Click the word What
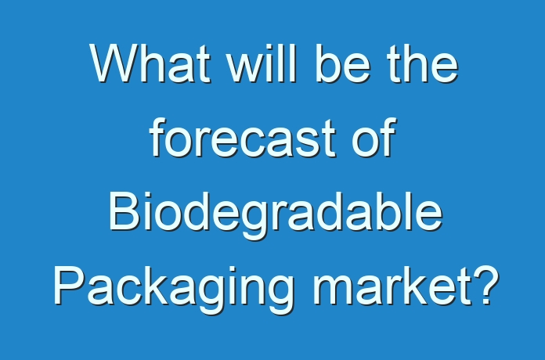[x=150, y=63]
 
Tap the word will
[x=262, y=63]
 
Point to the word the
[x=423, y=63]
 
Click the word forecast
[x=243, y=137]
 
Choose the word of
[x=374, y=137]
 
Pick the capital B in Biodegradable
[x=125, y=211]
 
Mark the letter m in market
[x=334, y=291]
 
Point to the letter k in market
[x=420, y=286]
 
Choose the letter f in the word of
[x=388, y=137]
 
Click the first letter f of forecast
[x=158, y=137]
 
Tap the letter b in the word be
[x=327, y=63]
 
